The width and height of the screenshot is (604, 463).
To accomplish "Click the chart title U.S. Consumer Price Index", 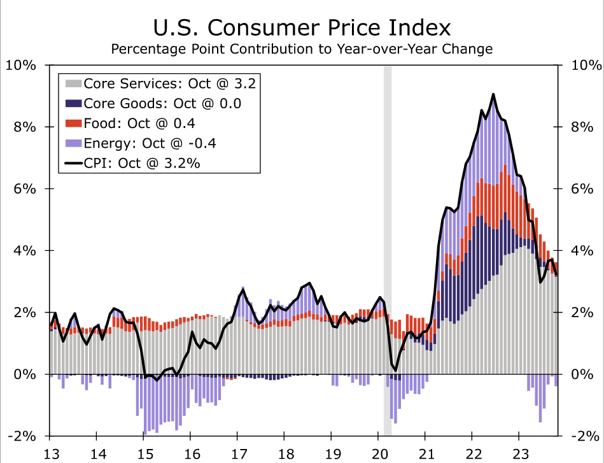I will point(302,27).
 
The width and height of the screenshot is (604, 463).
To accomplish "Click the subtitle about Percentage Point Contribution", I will point(302,49).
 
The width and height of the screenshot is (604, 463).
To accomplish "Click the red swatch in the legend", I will point(74,123).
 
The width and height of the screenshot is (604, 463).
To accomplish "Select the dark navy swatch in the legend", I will point(74,103).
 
